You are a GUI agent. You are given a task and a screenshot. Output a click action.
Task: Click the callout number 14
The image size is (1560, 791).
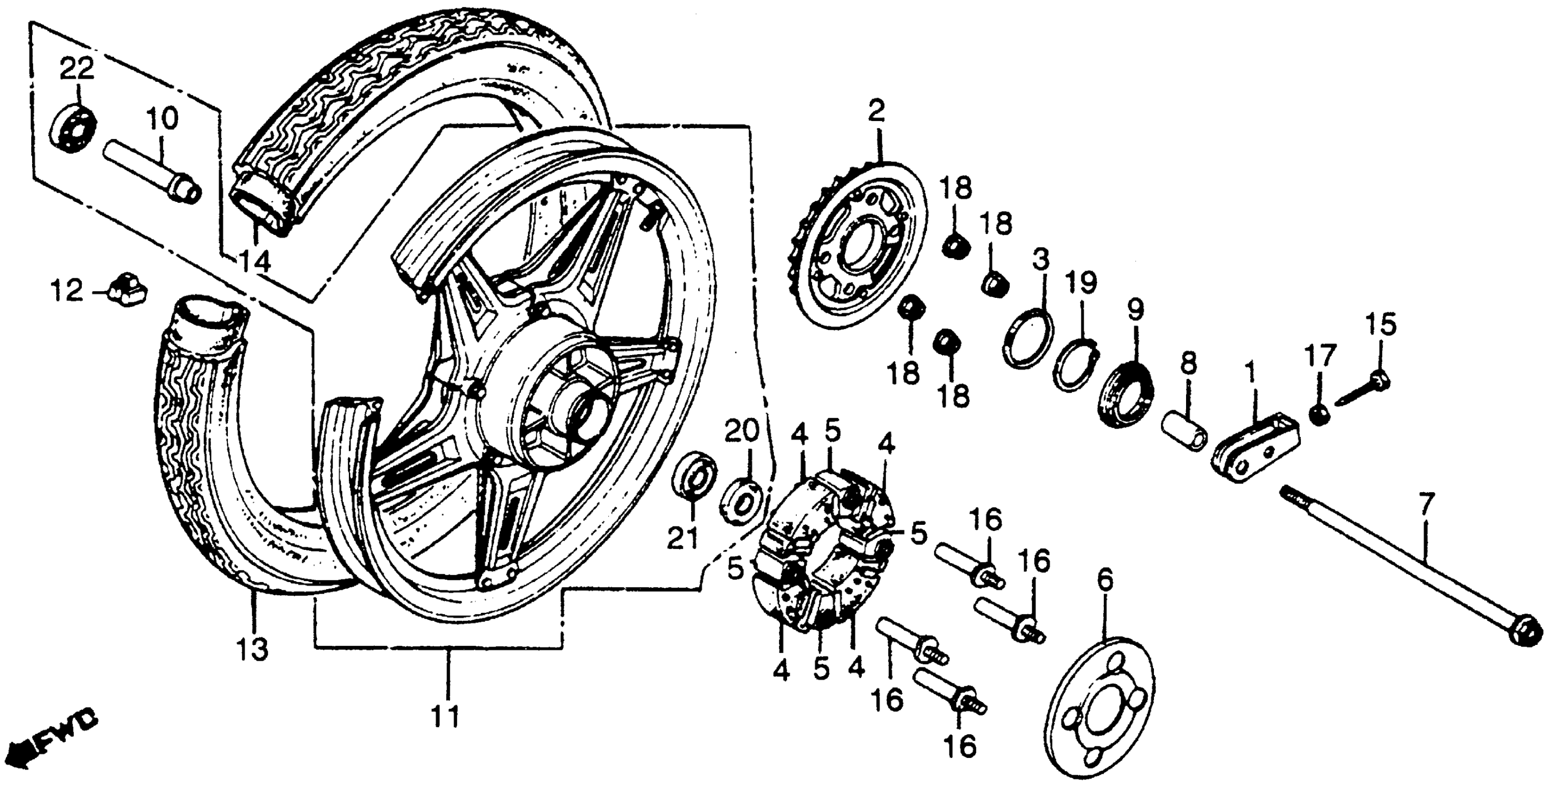pyautogui.click(x=254, y=263)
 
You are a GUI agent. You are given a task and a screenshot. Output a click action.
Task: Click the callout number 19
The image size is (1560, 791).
pyautogui.click(x=1081, y=282)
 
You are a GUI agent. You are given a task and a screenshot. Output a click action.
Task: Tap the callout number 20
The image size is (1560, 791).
pyautogui.click(x=742, y=432)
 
